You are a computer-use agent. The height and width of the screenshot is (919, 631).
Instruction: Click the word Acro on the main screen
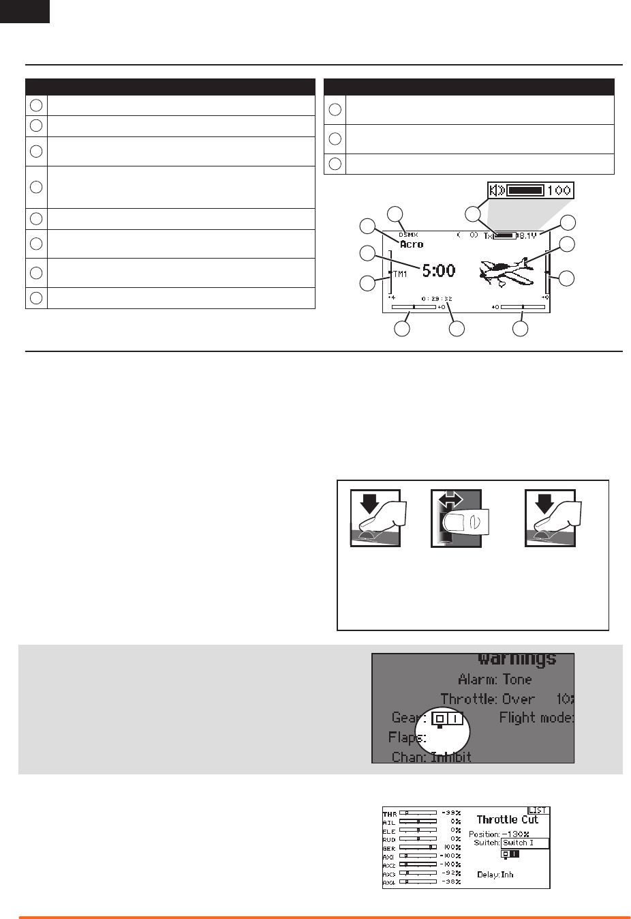pyautogui.click(x=412, y=244)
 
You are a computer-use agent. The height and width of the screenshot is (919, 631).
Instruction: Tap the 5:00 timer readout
pyautogui.click(x=438, y=271)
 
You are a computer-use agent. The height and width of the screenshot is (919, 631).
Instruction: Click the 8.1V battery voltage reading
pyautogui.click(x=528, y=235)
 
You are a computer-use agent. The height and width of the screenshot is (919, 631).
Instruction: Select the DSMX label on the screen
pyautogui.click(x=408, y=235)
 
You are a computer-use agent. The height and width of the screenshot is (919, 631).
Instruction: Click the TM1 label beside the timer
pyautogui.click(x=400, y=274)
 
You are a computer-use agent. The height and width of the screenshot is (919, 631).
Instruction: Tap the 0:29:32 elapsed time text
pyautogui.click(x=437, y=299)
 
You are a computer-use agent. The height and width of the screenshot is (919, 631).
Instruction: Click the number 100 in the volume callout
pyautogui.click(x=559, y=190)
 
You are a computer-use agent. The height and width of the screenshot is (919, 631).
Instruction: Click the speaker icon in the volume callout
pyautogui.click(x=497, y=190)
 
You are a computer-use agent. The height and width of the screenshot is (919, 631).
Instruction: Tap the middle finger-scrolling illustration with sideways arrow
pyautogui.click(x=457, y=518)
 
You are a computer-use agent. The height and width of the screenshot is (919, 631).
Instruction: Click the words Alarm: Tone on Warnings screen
pyautogui.click(x=495, y=680)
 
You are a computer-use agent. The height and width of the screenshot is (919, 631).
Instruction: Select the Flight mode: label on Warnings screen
pyautogui.click(x=536, y=717)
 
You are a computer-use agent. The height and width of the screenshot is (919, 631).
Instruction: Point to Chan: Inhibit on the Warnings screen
pyautogui.click(x=431, y=757)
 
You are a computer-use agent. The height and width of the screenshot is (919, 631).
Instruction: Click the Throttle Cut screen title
pyautogui.click(x=507, y=819)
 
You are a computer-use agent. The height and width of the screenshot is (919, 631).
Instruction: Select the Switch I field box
pyautogui.click(x=525, y=843)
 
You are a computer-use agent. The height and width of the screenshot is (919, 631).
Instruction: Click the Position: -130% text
pyautogui.click(x=499, y=834)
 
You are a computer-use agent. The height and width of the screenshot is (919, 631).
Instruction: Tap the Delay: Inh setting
pyautogui.click(x=495, y=875)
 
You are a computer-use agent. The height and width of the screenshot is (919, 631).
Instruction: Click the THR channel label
pyautogui.click(x=389, y=814)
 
